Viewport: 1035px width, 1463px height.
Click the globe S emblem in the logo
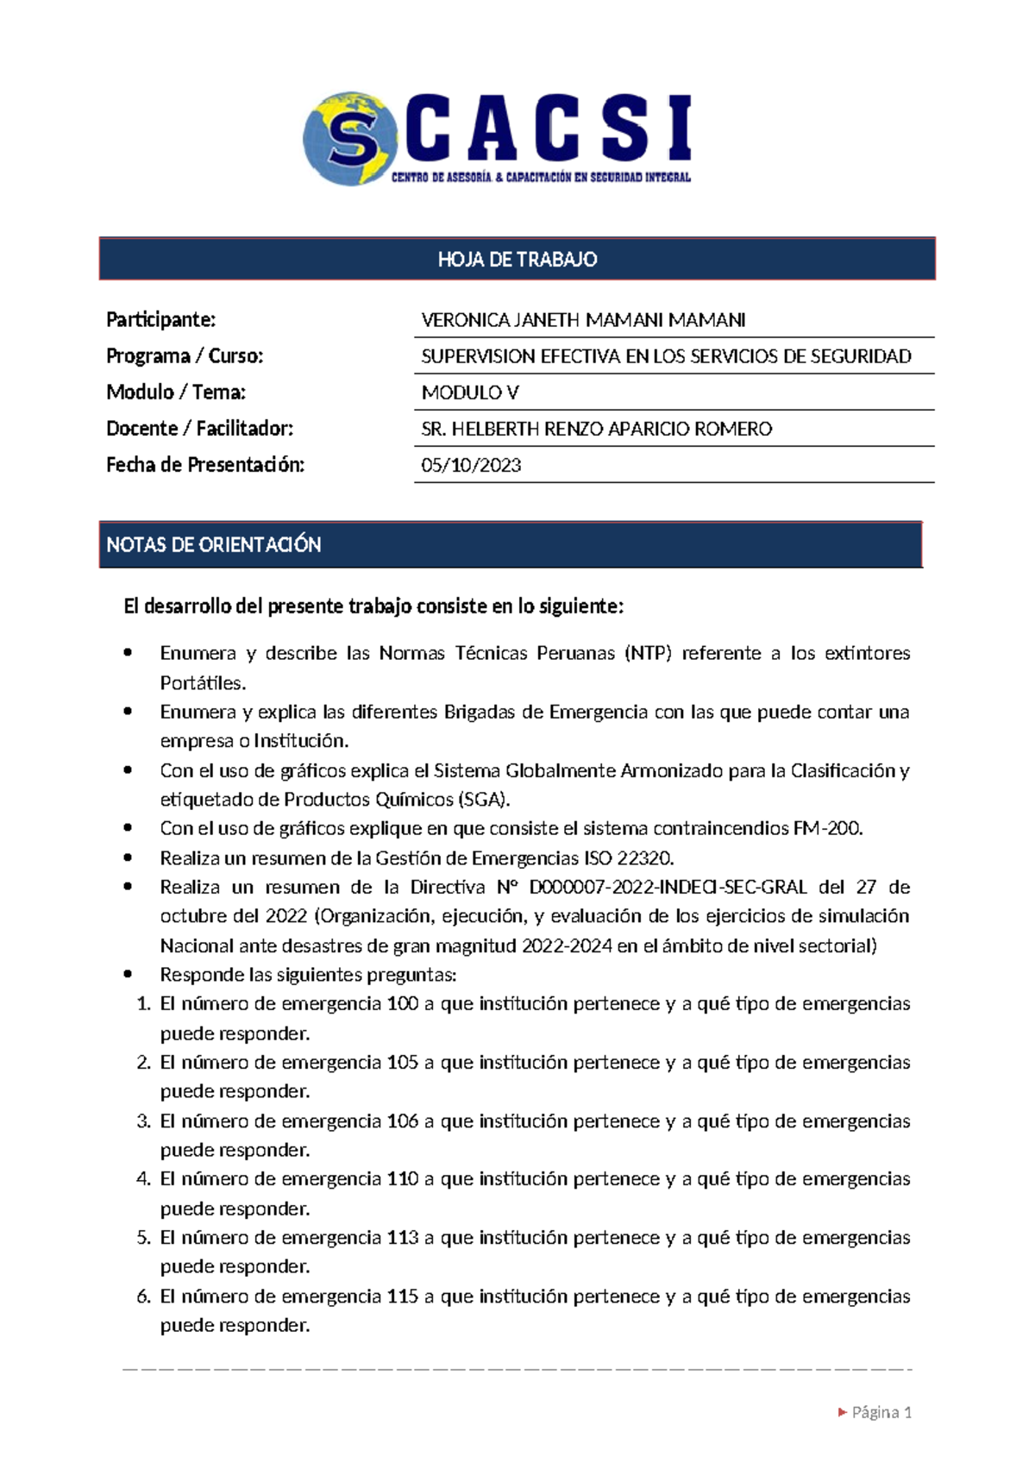pos(349,139)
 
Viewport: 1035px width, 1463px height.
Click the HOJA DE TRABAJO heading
pos(517,260)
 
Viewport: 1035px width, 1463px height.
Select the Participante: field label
pos(160,320)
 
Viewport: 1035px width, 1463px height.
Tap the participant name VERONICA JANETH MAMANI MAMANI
pos(583,320)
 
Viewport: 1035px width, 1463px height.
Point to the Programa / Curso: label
pos(185,356)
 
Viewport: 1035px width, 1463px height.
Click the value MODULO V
pos(470,392)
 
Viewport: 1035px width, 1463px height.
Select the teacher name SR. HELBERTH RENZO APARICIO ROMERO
pos(596,429)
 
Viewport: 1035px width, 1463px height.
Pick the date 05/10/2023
pos(471,465)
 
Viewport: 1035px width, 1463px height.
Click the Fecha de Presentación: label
pos(205,465)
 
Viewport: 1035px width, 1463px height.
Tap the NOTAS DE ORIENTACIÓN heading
pos(214,544)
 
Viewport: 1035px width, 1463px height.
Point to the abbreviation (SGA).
pos(484,800)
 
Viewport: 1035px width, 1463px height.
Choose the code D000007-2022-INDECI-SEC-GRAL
pos(668,887)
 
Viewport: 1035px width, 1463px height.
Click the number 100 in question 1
pos(402,1004)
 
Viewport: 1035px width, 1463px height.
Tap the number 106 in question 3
pos(402,1121)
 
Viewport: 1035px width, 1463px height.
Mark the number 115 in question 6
pos(402,1296)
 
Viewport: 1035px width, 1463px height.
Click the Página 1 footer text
pos(881,1412)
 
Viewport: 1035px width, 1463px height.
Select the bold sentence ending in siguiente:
pos(373,606)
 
